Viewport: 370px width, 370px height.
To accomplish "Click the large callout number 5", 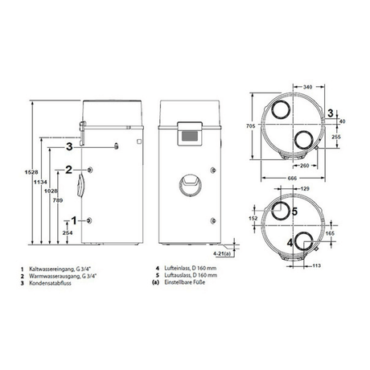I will (x=294, y=212).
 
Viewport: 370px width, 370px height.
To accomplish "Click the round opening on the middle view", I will (x=185, y=183).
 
